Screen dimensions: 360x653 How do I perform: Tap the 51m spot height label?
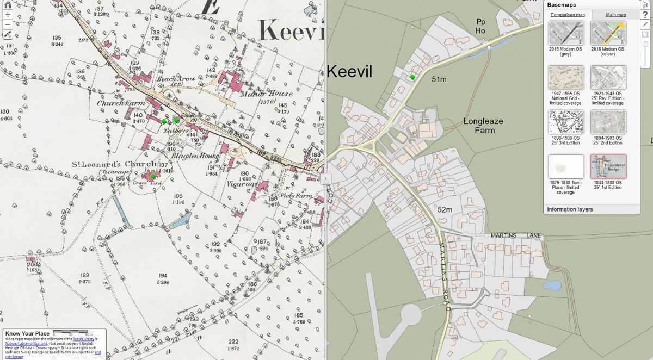click(x=439, y=79)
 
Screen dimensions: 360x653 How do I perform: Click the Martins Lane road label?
click(x=516, y=235)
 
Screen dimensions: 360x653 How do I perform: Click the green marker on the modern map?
click(x=412, y=77)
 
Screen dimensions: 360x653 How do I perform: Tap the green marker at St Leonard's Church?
click(x=153, y=176)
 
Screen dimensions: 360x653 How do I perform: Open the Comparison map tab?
click(x=567, y=15)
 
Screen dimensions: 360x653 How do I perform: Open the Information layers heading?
click(x=570, y=209)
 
